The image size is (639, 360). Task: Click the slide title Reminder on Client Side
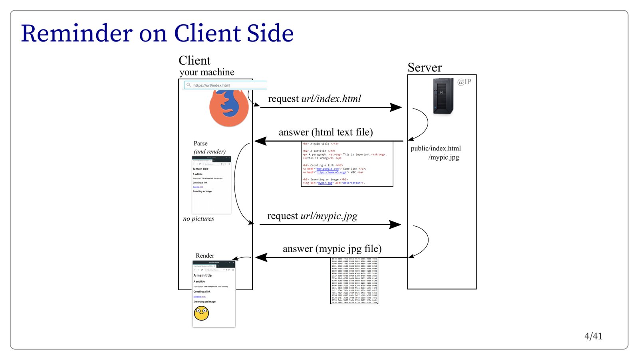pyautogui.click(x=157, y=33)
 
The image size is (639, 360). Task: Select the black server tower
pyautogui.click(x=443, y=96)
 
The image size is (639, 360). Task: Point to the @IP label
pyautogui.click(x=464, y=82)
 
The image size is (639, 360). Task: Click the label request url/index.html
pyautogui.click(x=314, y=99)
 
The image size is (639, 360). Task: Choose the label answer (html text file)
pyautogui.click(x=325, y=132)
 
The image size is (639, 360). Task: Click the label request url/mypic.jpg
pyautogui.click(x=312, y=216)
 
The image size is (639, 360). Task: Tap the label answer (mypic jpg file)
pyautogui.click(x=332, y=249)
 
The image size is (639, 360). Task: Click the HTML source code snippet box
pyautogui.click(x=347, y=164)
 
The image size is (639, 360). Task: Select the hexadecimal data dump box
pyautogui.click(x=354, y=281)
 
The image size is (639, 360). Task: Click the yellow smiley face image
pyautogui.click(x=201, y=313)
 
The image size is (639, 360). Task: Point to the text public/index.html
pyautogui.click(x=435, y=148)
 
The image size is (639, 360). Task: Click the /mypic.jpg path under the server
pyautogui.click(x=444, y=157)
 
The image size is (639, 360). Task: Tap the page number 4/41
pyautogui.click(x=593, y=336)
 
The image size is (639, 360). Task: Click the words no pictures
pyautogui.click(x=198, y=219)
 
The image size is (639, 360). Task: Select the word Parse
pyautogui.click(x=200, y=143)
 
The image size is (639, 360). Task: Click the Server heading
pyautogui.click(x=425, y=67)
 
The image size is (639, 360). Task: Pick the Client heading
pyautogui.click(x=194, y=60)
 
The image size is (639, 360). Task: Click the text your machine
pyautogui.click(x=207, y=72)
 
